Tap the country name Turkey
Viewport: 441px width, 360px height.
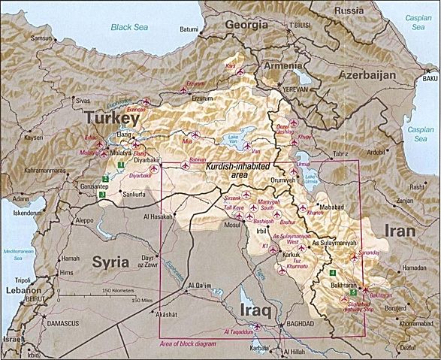[112, 118]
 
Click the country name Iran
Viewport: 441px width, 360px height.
[405, 230]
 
